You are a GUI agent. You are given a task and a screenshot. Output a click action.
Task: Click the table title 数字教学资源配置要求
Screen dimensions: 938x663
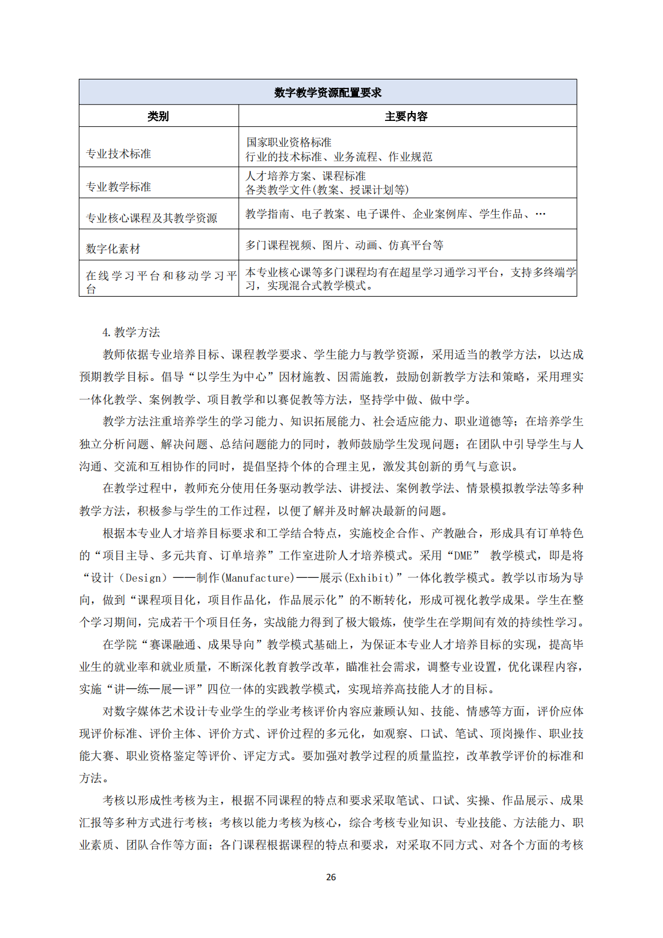327,93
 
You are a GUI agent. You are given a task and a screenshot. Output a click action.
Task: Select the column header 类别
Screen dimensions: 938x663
158,116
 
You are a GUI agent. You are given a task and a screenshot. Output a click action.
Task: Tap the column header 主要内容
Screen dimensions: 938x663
406,116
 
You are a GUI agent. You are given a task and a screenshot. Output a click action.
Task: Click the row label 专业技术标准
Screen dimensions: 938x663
119,154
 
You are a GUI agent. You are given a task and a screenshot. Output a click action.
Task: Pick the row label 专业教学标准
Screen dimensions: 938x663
119,187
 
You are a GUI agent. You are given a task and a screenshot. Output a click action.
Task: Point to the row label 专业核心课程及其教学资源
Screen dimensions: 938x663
152,218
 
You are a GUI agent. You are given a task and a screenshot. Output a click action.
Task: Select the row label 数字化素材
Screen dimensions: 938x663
113,248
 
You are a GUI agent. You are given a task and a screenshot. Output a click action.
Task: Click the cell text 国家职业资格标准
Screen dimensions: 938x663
289,143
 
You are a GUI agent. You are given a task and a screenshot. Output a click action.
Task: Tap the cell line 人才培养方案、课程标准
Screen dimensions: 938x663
306,176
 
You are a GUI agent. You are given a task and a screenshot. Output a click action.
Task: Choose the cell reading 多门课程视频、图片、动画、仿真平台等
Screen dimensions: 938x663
344,245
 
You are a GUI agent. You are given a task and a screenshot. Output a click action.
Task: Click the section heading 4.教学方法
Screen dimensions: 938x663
131,332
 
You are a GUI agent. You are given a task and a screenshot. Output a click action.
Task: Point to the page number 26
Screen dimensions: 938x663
331,877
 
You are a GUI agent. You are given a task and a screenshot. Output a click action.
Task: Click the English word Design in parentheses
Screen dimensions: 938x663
144,578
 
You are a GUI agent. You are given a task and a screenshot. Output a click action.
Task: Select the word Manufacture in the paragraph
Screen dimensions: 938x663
259,578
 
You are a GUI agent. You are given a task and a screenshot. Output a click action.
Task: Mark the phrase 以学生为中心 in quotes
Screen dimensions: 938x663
232,377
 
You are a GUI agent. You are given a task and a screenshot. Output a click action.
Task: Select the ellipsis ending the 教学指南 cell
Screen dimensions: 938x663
540,214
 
